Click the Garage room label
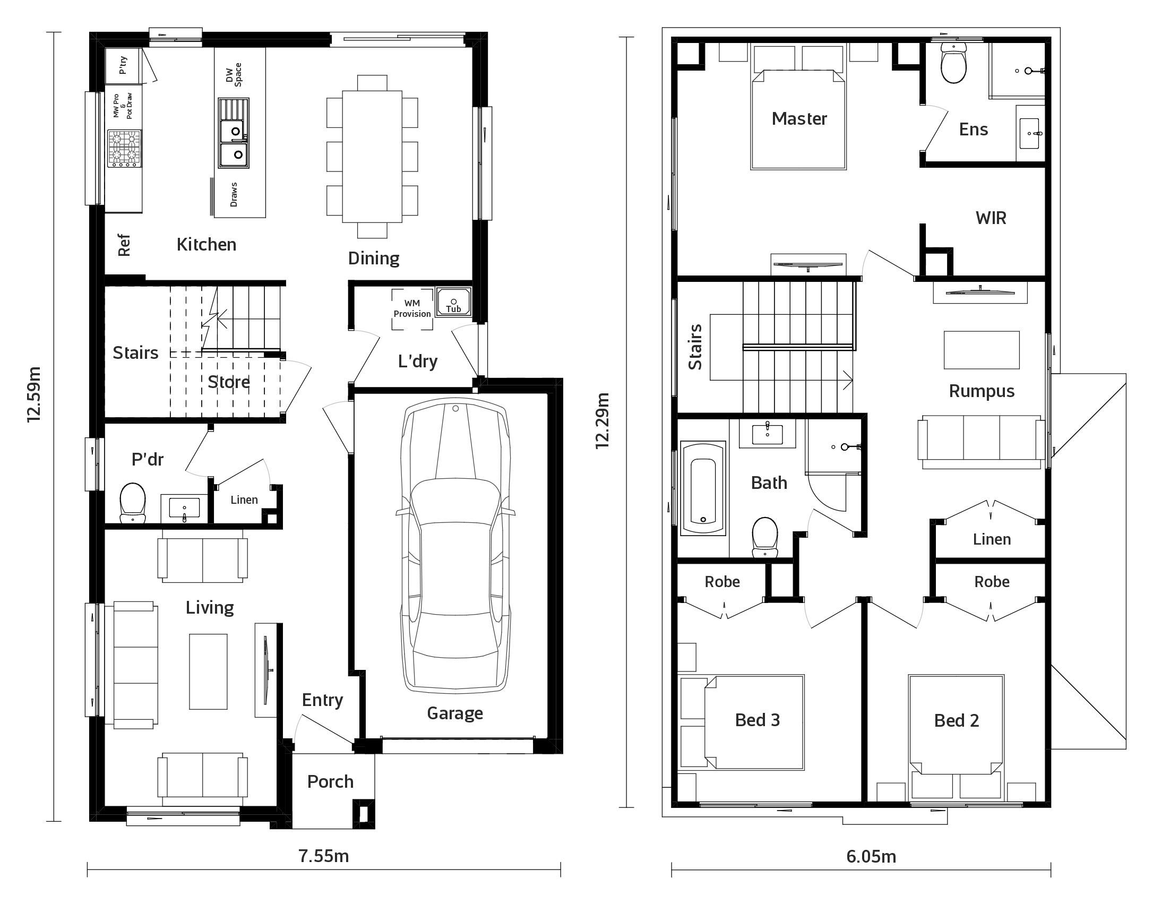455,713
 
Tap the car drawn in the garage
455,547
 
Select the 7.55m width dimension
323,856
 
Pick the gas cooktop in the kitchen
125,149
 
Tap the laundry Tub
453,303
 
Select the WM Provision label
412,308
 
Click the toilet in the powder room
133,503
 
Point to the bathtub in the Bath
703,488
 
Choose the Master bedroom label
799,118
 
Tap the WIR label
991,218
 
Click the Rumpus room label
982,391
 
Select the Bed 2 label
957,720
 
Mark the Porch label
330,781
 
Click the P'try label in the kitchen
123,65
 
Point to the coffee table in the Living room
209,671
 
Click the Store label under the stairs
229,382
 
